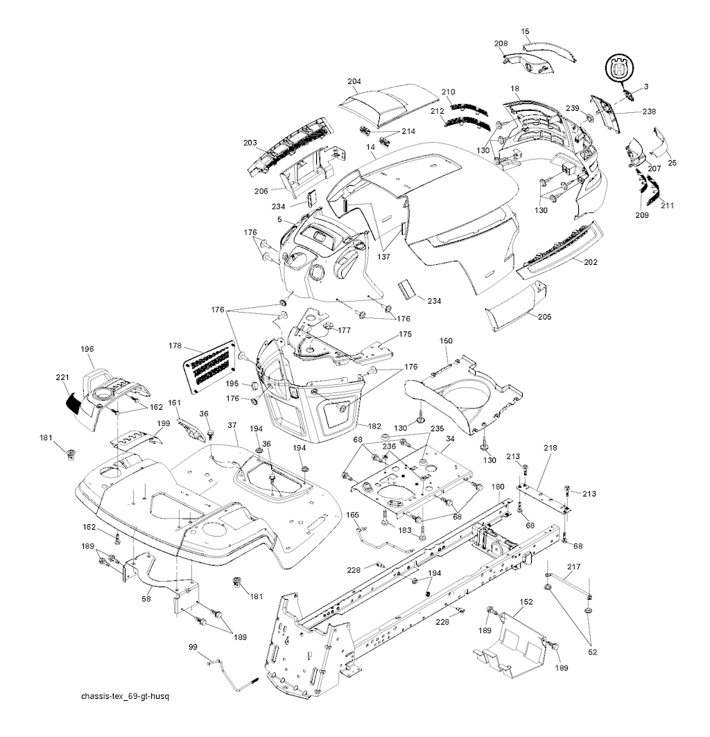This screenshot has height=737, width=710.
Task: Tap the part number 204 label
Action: coord(354,81)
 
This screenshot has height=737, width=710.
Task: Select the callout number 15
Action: coord(525,31)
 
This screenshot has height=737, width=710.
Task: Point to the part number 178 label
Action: coord(175,345)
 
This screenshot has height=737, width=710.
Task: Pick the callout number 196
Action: coord(87,349)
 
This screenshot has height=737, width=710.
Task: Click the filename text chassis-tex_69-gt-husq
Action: coord(125,695)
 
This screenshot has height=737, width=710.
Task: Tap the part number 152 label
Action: coord(526,602)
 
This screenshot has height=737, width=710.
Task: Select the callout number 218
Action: coord(550,448)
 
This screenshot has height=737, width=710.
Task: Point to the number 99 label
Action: coord(193,648)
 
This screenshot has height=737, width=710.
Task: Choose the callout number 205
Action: coord(544,317)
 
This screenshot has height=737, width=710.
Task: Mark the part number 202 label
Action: coord(591,262)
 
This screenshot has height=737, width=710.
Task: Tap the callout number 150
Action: coord(447,340)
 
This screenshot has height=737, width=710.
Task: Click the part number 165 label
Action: coord(353,515)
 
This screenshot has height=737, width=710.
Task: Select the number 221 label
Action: coord(62,377)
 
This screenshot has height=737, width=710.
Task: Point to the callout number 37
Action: coord(232,426)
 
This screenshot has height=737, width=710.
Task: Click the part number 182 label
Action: coord(374,426)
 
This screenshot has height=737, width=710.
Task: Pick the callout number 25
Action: coord(673,163)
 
